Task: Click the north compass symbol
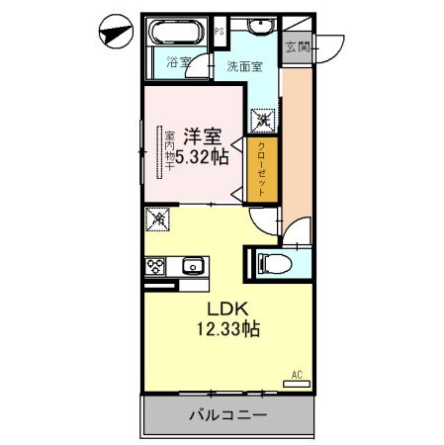click(116, 32)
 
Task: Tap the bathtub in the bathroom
click(177, 32)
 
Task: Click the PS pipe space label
click(220, 32)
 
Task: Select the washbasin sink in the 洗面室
click(261, 26)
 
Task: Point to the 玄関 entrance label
click(298, 47)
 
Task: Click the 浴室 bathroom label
click(179, 62)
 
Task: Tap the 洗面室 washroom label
click(244, 66)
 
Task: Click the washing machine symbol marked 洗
click(263, 121)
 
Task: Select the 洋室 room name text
click(203, 136)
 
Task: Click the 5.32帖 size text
click(202, 157)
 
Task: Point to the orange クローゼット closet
click(262, 169)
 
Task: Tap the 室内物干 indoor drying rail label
click(170, 151)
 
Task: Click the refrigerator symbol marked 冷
click(157, 219)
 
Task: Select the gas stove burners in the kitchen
click(155, 266)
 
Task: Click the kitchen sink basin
click(193, 266)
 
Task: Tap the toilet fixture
click(274, 264)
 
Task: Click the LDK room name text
click(227, 309)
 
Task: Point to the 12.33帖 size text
click(228, 329)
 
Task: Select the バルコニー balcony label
click(228, 415)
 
